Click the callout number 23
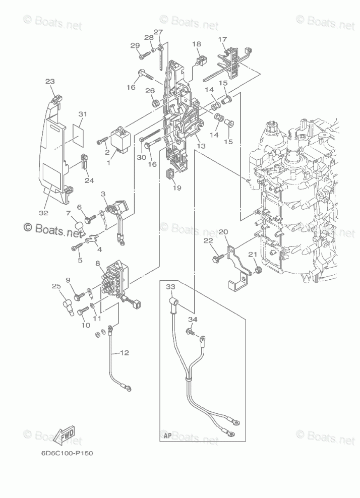49,82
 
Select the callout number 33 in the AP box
171,287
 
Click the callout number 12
125,353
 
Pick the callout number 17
222,39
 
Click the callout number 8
98,263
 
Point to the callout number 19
176,188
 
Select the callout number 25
56,287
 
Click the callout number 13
201,146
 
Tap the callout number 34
193,320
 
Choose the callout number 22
207,242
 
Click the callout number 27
158,33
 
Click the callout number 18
196,44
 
